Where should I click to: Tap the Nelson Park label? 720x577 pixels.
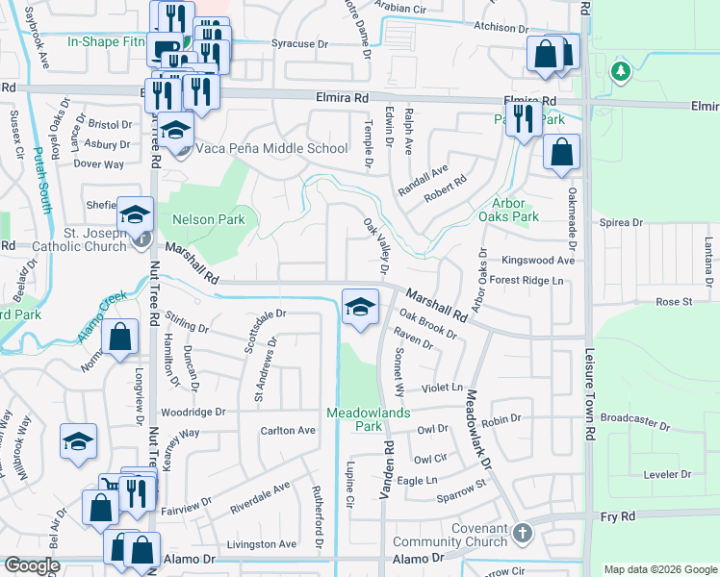click(x=208, y=219)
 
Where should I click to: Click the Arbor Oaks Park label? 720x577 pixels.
click(x=515, y=211)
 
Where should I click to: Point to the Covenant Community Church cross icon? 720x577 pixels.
click(x=522, y=532)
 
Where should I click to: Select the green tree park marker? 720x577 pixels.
click(x=621, y=70)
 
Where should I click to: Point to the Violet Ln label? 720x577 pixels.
click(x=442, y=387)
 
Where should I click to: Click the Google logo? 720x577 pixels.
click(x=32, y=566)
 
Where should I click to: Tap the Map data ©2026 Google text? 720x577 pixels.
click(x=660, y=569)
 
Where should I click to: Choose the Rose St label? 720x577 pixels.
click(x=674, y=302)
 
